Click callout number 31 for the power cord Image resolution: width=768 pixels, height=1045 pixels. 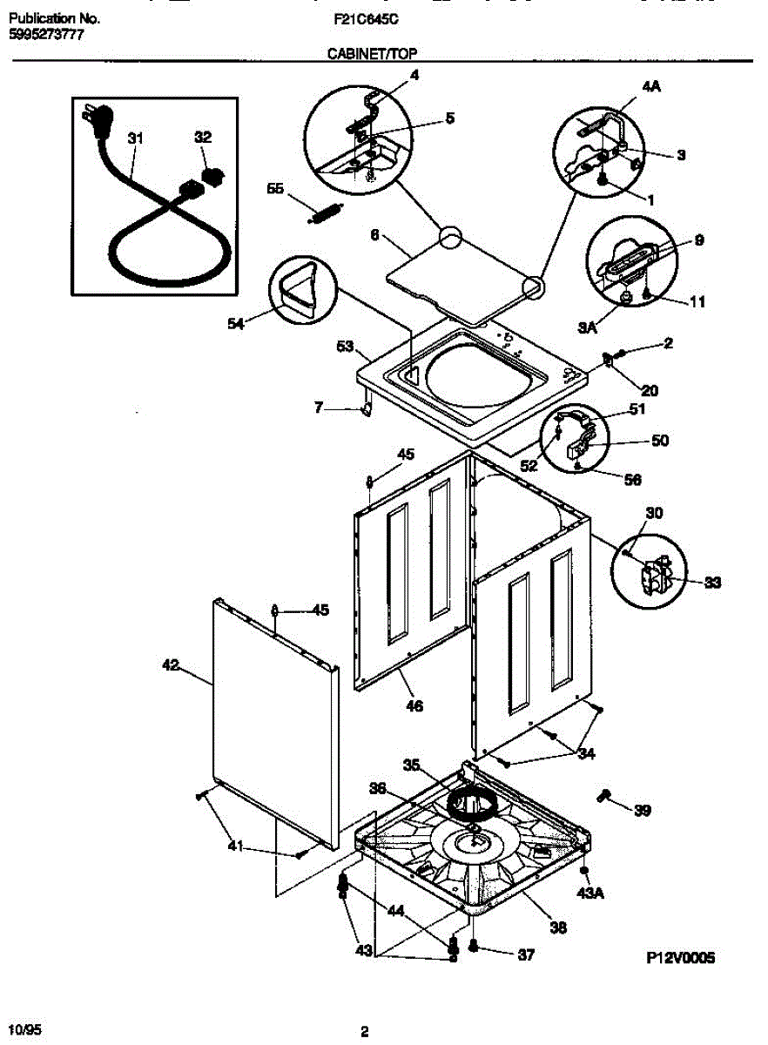point(136,138)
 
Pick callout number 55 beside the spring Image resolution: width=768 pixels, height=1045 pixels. point(276,188)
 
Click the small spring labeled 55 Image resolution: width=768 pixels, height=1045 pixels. point(326,212)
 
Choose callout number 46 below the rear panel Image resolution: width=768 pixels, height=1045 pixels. point(414,705)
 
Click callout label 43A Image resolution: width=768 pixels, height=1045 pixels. point(590,893)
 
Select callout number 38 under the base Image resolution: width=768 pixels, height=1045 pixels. point(557,928)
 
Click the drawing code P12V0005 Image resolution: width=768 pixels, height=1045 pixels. point(680,957)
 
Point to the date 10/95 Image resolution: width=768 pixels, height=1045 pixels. point(25,1029)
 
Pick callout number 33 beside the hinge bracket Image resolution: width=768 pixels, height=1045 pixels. point(713,583)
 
